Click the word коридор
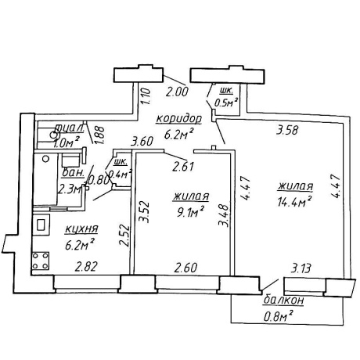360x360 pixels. [178, 119]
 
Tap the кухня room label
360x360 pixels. [81, 229]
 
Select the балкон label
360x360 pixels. [283, 301]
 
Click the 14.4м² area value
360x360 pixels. [295, 201]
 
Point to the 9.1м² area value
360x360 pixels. [190, 212]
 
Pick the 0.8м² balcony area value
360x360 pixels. [278, 316]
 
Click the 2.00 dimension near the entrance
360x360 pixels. [177, 92]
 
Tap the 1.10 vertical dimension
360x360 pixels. [146, 96]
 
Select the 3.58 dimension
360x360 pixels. [287, 130]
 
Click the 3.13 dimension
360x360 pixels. [301, 268]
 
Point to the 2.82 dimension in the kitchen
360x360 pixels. [86, 267]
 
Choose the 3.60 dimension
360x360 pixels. [142, 142]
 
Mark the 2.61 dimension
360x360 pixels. [183, 167]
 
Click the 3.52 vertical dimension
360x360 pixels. [144, 211]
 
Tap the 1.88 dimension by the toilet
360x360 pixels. [100, 135]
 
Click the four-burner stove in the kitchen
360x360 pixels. [41, 261]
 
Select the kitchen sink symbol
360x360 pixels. [41, 225]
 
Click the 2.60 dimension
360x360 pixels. [185, 268]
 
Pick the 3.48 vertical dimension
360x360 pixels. [224, 215]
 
